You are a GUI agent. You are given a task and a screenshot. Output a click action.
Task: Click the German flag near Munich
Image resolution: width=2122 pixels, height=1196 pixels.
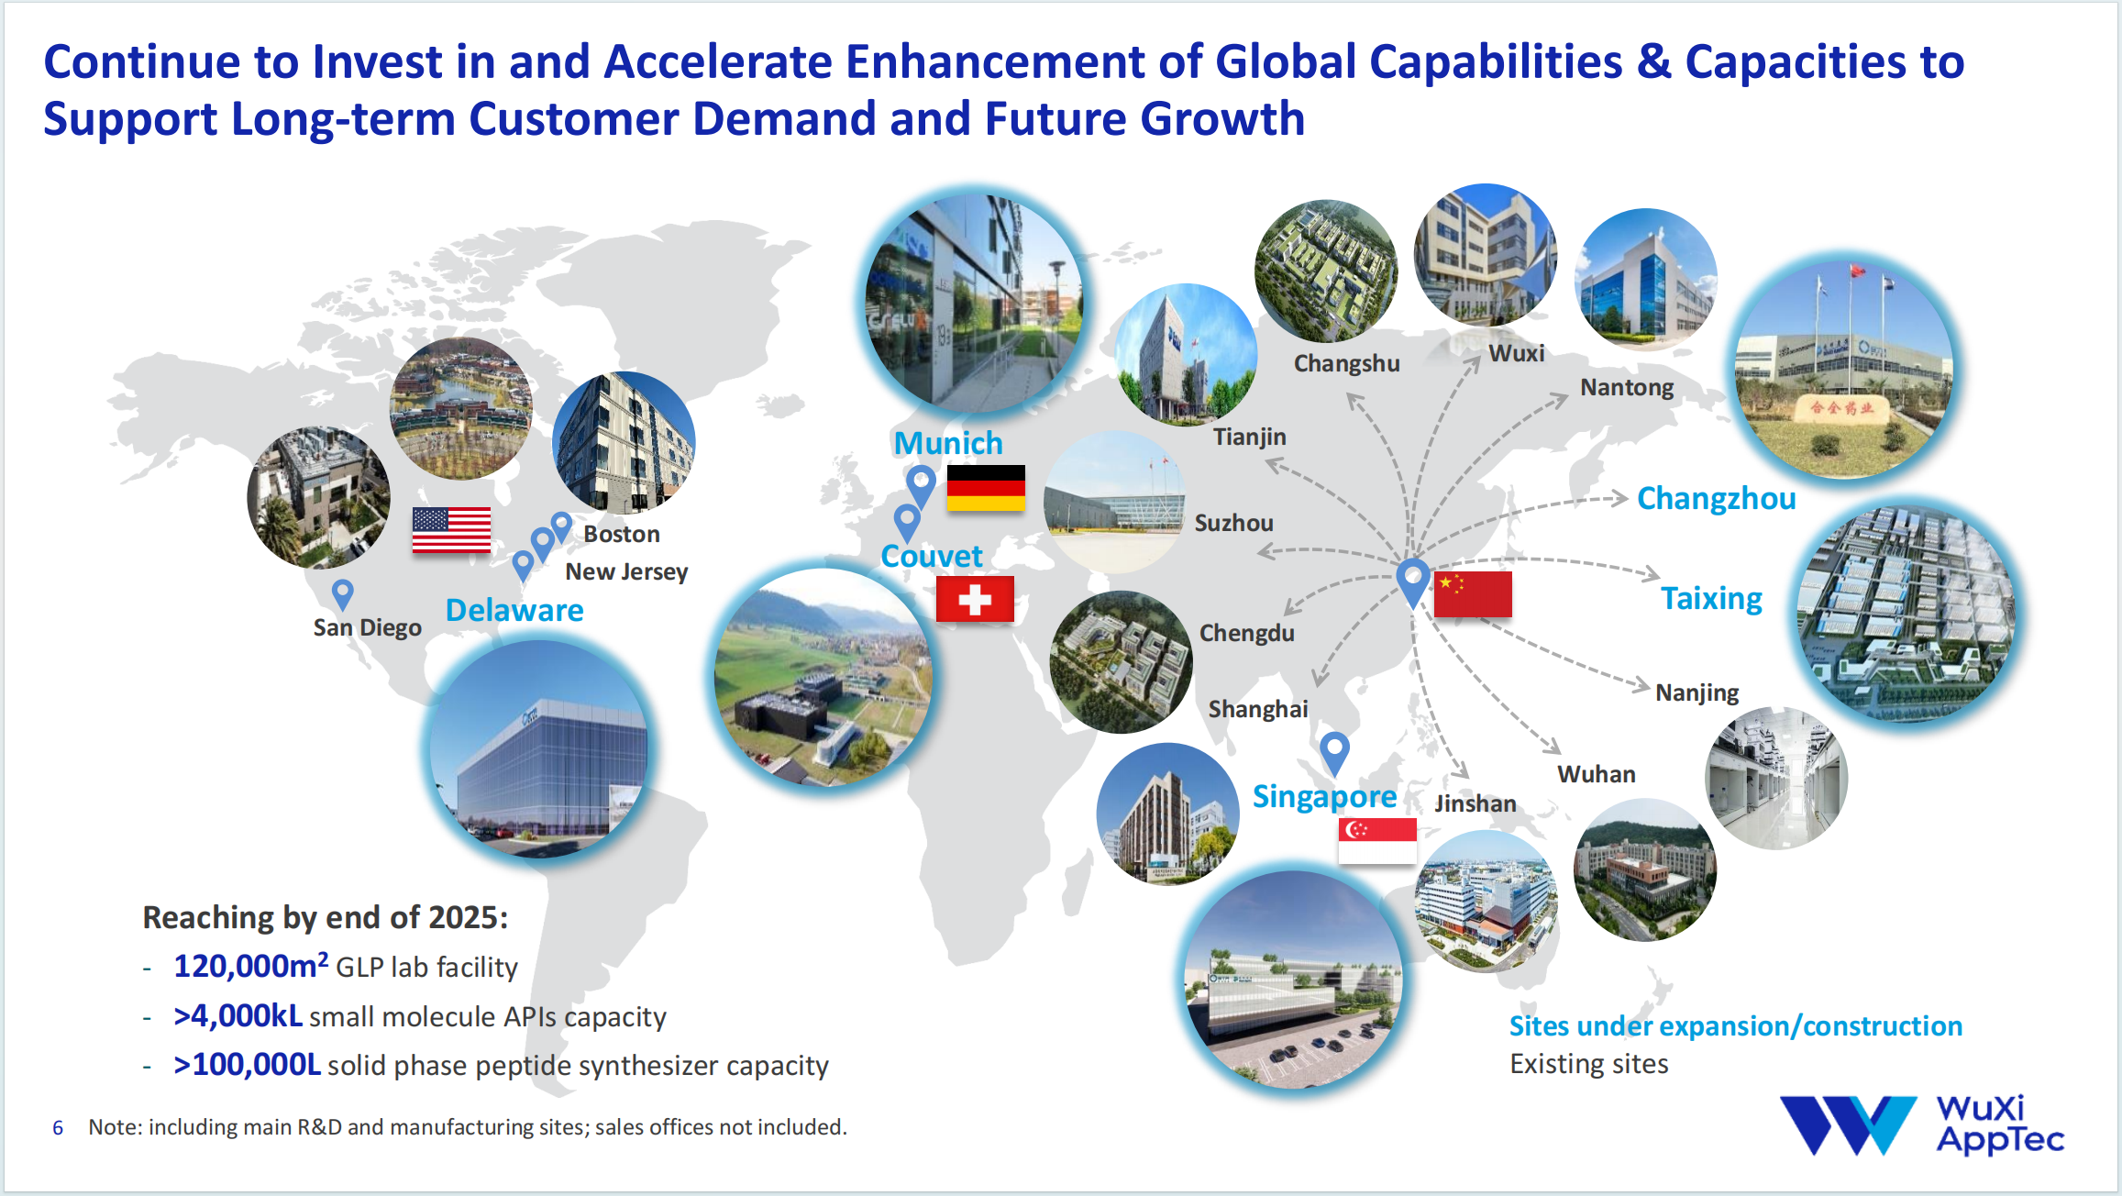pyautogui.click(x=985, y=488)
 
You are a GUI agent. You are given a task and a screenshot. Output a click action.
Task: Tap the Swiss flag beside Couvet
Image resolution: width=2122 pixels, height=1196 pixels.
pyautogui.click(x=975, y=599)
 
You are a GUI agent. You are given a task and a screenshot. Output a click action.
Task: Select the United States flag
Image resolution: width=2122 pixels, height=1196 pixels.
pyautogui.click(x=451, y=530)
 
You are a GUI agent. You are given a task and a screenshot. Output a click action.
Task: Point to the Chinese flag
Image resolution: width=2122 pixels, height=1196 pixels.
pyautogui.click(x=1473, y=594)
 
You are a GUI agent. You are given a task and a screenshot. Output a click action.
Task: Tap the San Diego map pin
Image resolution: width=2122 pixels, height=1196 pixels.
pyautogui.click(x=342, y=594)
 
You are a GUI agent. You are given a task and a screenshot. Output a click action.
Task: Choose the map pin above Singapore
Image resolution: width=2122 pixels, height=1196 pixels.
pyautogui.click(x=1334, y=753)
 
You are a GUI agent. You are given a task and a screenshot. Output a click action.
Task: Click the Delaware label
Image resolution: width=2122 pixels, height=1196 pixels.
pyautogui.click(x=514, y=611)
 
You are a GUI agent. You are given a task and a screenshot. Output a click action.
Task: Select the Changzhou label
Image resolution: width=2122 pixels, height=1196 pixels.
pyautogui.click(x=1716, y=499)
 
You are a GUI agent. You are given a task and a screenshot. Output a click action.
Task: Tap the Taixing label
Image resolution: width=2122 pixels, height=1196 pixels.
pyautogui.click(x=1711, y=598)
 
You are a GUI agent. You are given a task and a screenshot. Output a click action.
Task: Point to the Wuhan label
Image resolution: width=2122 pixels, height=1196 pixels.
pyautogui.click(x=1596, y=774)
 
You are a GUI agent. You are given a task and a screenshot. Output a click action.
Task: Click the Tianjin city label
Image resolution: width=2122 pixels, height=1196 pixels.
pyautogui.click(x=1249, y=437)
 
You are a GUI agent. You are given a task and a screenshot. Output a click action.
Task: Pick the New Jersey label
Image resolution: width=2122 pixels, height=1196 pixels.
pyautogui.click(x=626, y=571)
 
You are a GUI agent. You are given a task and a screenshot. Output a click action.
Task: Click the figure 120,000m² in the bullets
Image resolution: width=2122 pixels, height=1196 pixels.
pyautogui.click(x=250, y=965)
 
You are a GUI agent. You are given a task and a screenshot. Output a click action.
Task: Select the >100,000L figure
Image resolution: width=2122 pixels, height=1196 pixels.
pyautogui.click(x=247, y=1065)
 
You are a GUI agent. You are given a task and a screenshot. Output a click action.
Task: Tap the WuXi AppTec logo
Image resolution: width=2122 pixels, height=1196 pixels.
pyautogui.click(x=1921, y=1124)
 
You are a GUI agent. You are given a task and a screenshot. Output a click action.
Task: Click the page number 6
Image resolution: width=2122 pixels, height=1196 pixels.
pyautogui.click(x=58, y=1127)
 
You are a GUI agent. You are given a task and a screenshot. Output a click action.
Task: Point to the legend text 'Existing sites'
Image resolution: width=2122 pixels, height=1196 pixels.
pyautogui.click(x=1588, y=1064)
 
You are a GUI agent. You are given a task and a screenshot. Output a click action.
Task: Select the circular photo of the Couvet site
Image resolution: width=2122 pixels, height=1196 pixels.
pyautogui.click(x=823, y=677)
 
